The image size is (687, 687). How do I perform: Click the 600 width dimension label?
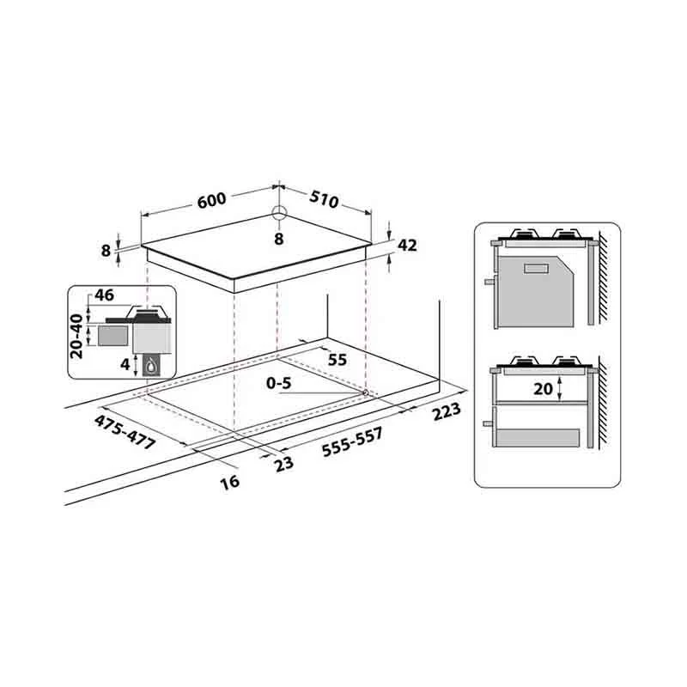coord(211,200)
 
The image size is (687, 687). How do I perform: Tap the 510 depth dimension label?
coord(325,199)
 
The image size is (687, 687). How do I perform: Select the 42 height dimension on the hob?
coord(407,246)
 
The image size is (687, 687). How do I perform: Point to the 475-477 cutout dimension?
coord(125,432)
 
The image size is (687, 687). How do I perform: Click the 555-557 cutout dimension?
coord(352,442)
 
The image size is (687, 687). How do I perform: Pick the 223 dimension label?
coord(447,411)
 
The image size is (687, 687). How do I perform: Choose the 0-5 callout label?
coord(278,383)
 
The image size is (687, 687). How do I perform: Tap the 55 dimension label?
coord(337,360)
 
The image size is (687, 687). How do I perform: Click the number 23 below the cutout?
coord(284,464)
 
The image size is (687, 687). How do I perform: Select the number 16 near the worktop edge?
coord(230,481)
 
